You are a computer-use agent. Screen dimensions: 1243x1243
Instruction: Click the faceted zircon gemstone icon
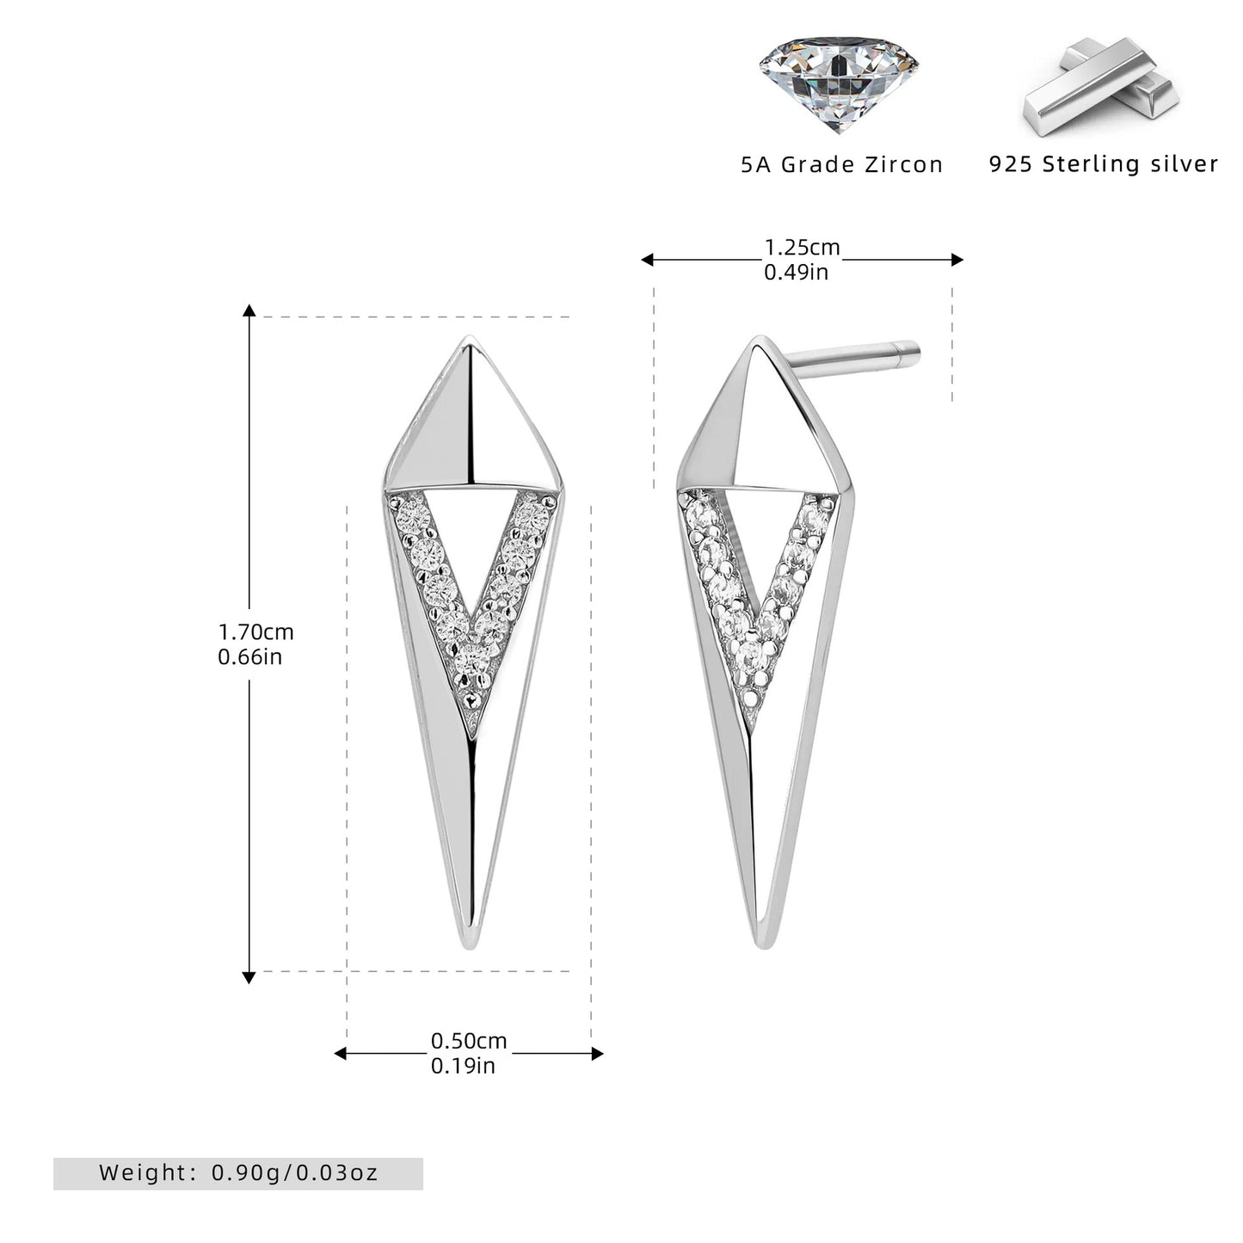pos(838,83)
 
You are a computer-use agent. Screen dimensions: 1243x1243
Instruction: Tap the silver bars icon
pos(1101,87)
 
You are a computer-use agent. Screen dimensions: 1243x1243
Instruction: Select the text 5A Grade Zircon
pos(842,164)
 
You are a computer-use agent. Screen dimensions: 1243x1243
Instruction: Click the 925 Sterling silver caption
pos(1104,163)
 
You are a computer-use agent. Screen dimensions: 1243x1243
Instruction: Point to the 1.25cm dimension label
pos(802,247)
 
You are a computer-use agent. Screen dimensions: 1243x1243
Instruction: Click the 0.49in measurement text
pos(796,272)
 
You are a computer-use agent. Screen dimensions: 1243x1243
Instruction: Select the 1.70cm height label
pos(256,631)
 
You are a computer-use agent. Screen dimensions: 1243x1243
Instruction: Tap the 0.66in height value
pos(249,656)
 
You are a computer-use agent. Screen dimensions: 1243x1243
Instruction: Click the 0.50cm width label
pos(469,1041)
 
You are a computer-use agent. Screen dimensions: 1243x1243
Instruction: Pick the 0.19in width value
pos(463,1066)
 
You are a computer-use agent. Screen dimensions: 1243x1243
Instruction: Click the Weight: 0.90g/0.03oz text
pos(238,1172)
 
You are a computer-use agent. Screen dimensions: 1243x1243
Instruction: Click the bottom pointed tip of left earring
pos(471,948)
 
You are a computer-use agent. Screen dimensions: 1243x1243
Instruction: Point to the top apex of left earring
pos(469,336)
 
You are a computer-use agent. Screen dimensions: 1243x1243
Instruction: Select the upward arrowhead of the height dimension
pos(249,311)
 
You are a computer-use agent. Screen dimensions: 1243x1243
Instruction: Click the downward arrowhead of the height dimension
pos(249,977)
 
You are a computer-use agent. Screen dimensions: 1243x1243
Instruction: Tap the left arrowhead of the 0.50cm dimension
pos(340,1054)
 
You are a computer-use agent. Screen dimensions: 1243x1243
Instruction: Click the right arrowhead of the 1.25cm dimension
pos(957,260)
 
